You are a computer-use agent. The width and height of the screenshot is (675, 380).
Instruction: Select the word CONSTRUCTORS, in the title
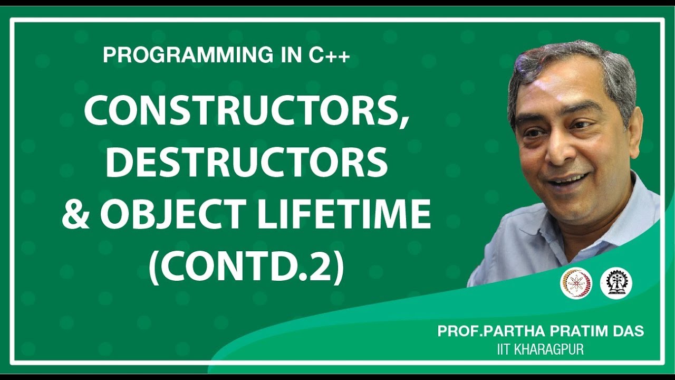pyautogui.click(x=247, y=111)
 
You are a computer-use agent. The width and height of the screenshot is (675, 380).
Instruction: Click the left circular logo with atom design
pyautogui.click(x=576, y=283)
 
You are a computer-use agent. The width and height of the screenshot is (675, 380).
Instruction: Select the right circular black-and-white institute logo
pyautogui.click(x=616, y=283)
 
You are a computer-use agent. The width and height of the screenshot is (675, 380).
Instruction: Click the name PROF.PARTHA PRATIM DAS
pyautogui.click(x=541, y=331)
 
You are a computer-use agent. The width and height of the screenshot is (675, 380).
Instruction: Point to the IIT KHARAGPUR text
pyautogui.click(x=540, y=349)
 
